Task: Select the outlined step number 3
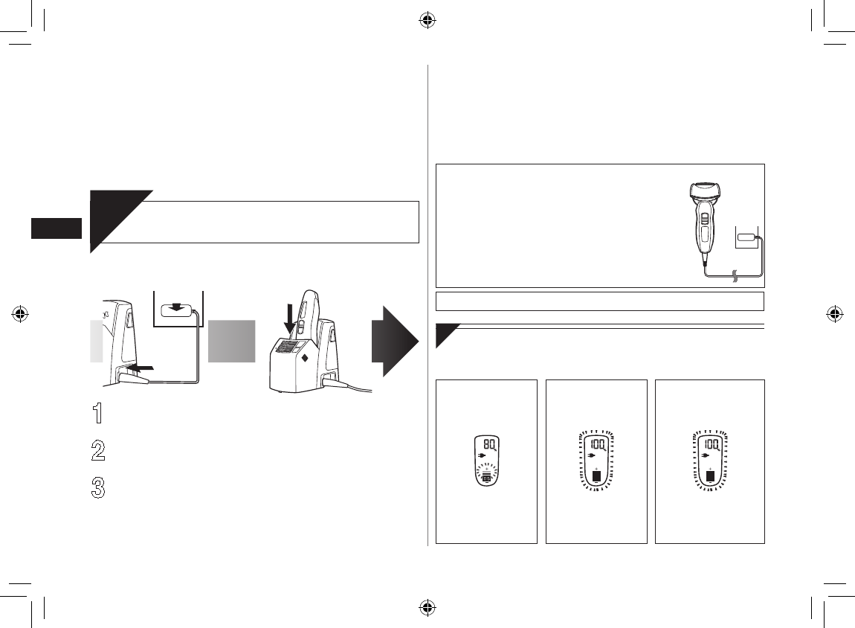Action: [99, 487]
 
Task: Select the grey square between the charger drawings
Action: [231, 341]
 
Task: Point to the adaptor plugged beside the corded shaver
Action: [746, 238]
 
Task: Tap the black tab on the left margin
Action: [56, 228]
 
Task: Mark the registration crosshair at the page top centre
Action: [427, 21]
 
